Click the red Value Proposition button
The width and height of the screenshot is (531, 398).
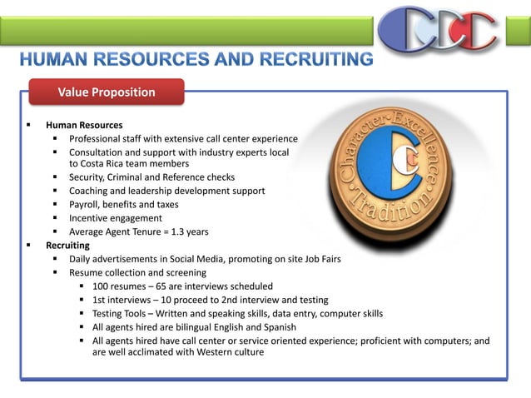click(x=106, y=92)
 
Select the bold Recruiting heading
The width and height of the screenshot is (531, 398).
click(x=67, y=246)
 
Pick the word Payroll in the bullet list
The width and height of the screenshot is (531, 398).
click(x=86, y=204)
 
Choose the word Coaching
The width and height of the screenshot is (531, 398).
click(x=92, y=191)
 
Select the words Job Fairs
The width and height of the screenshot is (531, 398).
click(x=320, y=259)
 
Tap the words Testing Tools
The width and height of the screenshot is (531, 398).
click(x=122, y=313)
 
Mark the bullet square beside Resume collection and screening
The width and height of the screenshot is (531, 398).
click(x=56, y=272)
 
